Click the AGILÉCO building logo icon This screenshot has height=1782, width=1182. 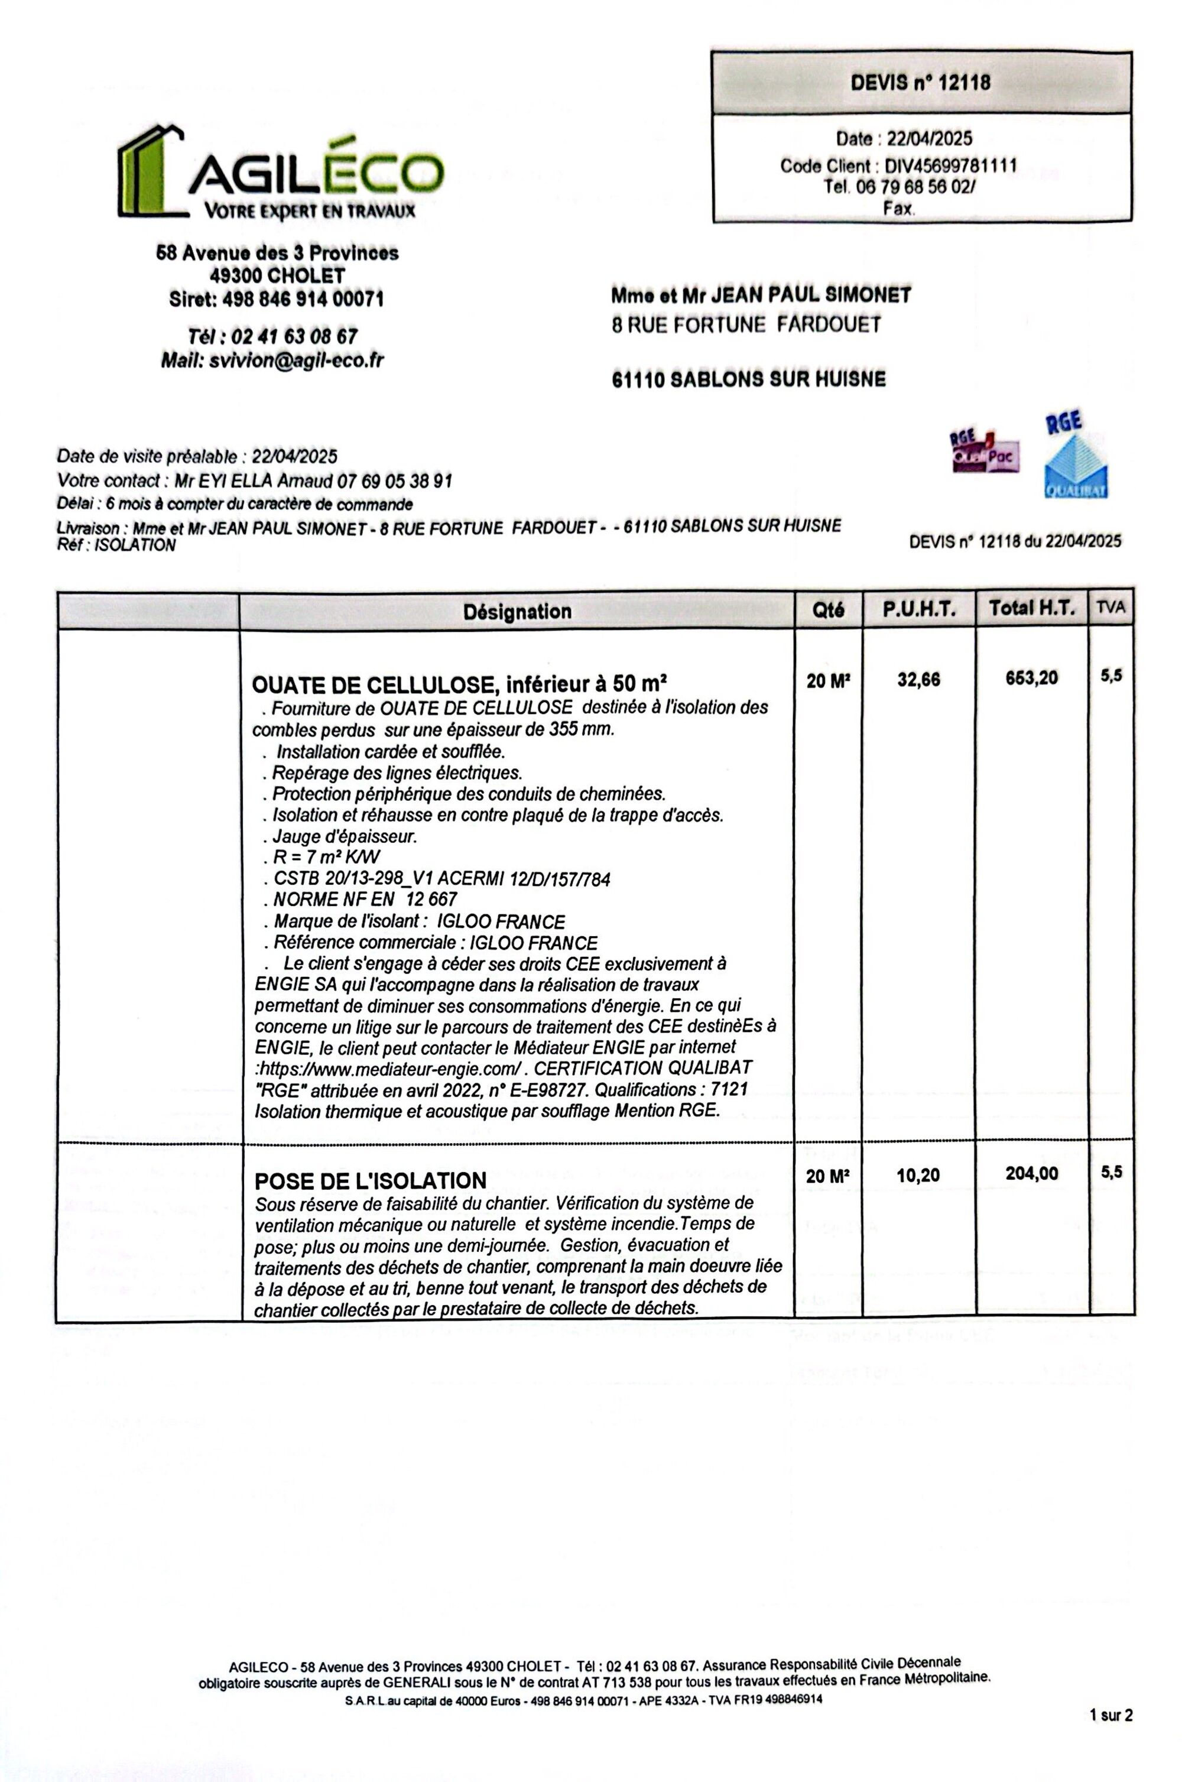(151, 171)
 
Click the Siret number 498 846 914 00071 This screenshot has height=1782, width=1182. (302, 299)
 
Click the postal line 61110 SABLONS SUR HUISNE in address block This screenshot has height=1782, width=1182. (749, 379)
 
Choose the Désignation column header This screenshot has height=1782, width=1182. (517, 611)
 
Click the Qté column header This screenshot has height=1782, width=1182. (829, 610)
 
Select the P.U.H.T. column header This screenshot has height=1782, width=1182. (919, 610)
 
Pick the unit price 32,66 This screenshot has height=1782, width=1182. (918, 679)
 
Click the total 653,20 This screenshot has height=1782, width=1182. (1031, 679)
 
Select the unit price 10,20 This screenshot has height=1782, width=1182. (918, 1174)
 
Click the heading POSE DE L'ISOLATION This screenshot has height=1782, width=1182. (370, 1180)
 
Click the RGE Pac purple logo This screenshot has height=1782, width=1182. (985, 451)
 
